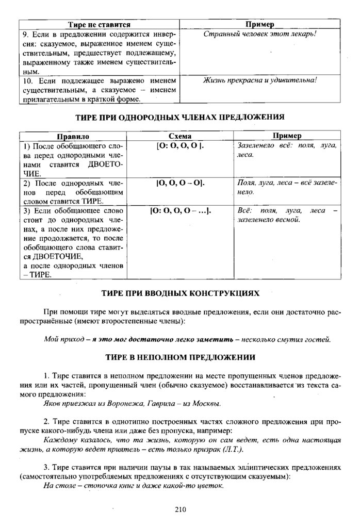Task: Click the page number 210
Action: [180, 510]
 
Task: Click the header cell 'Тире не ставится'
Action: [99, 24]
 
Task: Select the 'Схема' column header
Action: [180, 136]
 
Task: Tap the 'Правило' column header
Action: [73, 136]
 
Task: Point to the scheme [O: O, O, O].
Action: [180, 145]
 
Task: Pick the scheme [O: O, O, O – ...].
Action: [180, 210]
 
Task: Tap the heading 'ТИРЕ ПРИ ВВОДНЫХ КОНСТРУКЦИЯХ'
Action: [180, 293]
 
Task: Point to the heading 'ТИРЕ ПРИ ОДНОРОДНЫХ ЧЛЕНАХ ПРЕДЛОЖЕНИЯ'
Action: [180, 117]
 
